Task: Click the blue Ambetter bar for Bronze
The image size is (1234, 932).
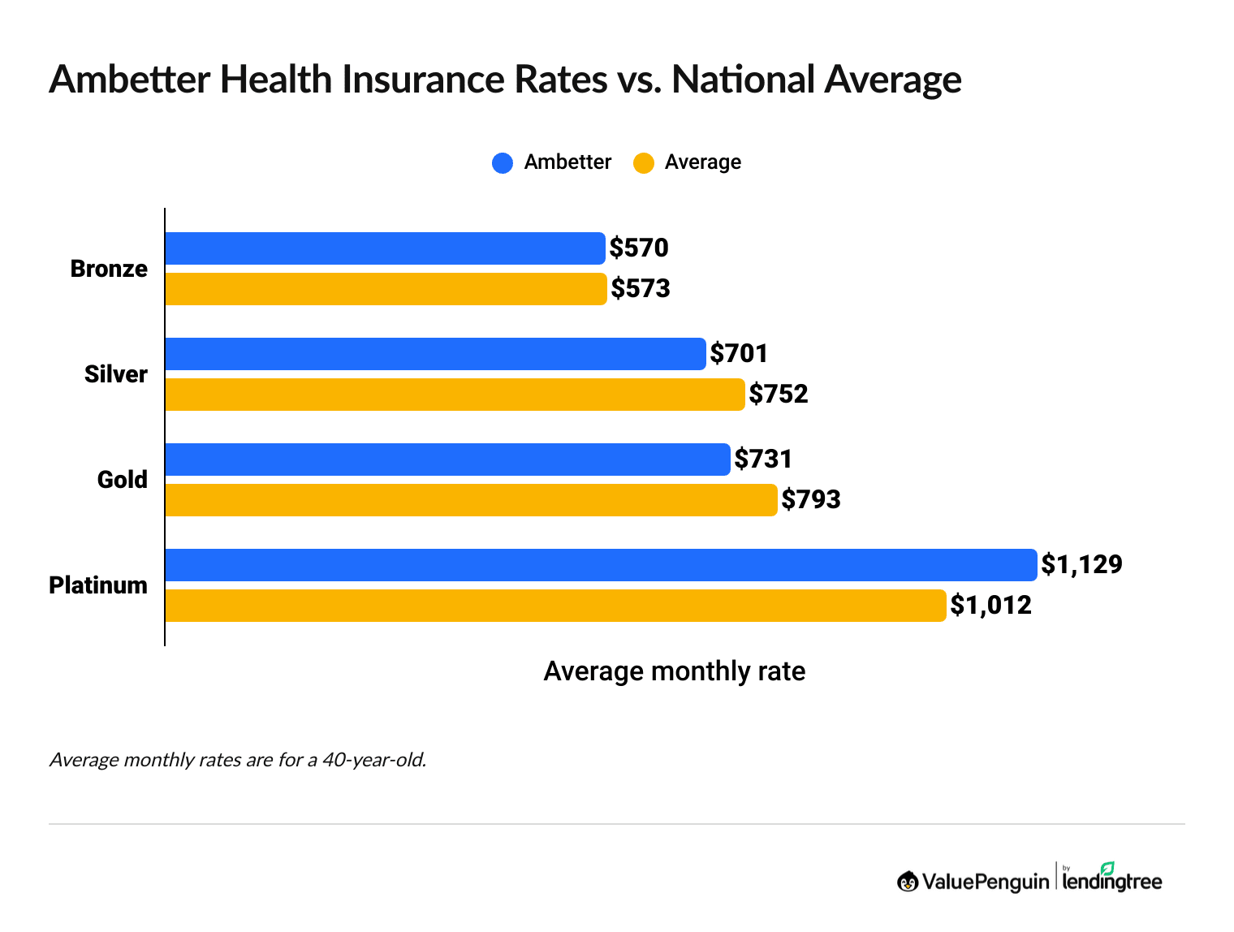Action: pos(385,248)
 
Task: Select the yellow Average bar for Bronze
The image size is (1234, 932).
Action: pos(386,289)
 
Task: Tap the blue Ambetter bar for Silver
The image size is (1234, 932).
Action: pos(435,354)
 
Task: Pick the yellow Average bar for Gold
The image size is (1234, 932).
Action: pos(471,500)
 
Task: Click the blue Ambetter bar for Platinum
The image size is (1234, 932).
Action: pos(601,565)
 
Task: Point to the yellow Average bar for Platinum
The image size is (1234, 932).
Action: pos(555,606)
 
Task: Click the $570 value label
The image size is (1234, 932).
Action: pos(639,248)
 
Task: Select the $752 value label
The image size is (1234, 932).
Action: pos(779,395)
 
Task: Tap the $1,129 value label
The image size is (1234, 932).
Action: pos(1081,565)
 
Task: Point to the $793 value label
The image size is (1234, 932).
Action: pos(811,500)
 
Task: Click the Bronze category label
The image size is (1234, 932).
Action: pos(109,269)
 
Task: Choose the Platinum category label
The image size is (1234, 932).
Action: pos(98,585)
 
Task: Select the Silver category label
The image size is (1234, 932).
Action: pos(116,374)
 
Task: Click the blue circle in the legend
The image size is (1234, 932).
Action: pos(503,163)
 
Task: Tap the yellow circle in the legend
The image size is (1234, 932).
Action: pos(644,163)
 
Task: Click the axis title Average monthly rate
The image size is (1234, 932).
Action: pos(674,671)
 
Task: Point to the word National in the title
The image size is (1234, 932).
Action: pos(743,80)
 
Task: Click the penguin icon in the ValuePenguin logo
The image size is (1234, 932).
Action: pos(908,882)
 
